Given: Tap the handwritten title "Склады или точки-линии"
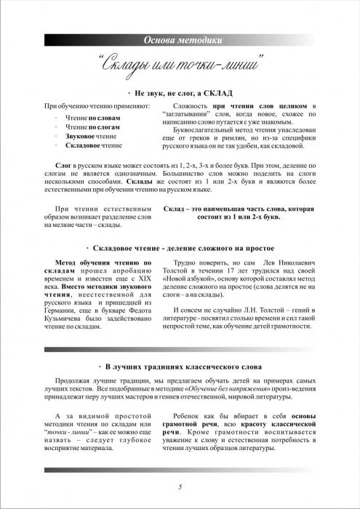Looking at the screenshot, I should click(x=180, y=65).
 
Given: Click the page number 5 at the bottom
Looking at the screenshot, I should click(x=180, y=486).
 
